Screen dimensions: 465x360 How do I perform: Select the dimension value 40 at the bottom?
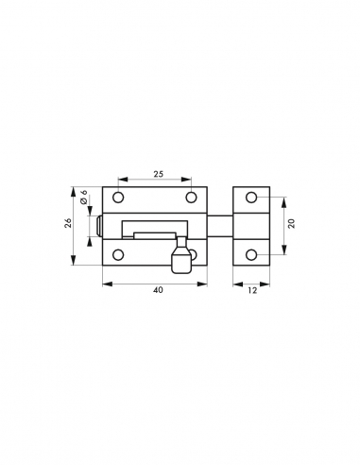(158, 290)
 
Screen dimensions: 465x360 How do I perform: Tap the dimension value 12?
(251, 290)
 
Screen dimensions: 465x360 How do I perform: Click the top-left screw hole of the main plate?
(119, 198)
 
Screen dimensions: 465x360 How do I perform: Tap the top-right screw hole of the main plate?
(192, 198)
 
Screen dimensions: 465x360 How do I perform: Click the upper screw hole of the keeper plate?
(252, 198)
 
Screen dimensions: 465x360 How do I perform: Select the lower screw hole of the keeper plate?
(252, 255)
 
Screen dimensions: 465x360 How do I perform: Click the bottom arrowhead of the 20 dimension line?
(283, 252)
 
